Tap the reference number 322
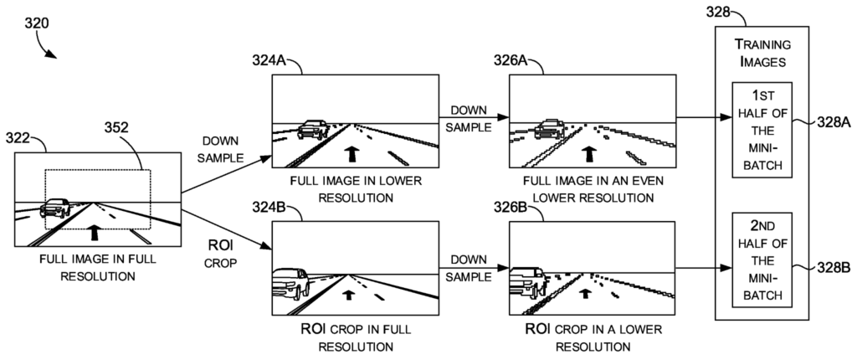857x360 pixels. [22, 137]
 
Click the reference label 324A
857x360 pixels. [270, 60]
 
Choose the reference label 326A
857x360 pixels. [511, 60]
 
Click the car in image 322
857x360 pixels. [55, 207]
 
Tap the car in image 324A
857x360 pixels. [311, 129]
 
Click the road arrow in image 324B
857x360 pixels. [347, 292]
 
